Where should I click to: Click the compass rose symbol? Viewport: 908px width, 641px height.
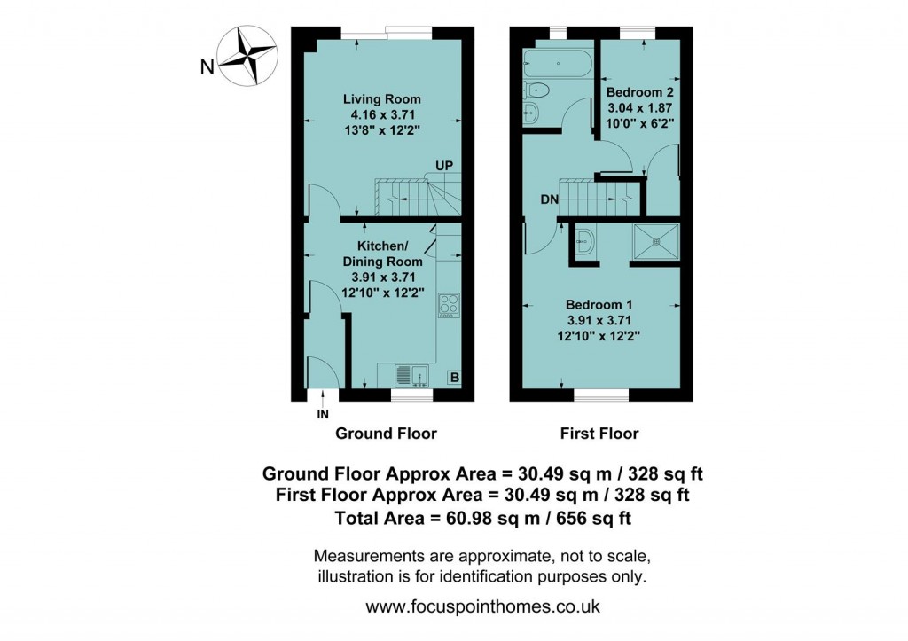point(247,58)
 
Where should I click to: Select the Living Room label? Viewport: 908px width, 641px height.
point(382,98)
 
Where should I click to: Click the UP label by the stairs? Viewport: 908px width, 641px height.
point(445,167)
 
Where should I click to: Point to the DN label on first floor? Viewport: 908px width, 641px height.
point(549,199)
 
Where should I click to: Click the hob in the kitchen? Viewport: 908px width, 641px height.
point(449,304)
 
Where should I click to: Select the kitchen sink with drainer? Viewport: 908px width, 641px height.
point(411,376)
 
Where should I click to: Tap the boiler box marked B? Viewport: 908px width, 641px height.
point(454,378)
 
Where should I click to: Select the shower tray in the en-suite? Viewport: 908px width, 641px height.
point(657,239)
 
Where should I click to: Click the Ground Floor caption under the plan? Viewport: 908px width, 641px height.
point(386,434)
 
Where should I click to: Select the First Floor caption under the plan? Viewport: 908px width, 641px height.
point(599,434)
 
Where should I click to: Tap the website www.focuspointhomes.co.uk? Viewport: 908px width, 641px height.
point(483,607)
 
